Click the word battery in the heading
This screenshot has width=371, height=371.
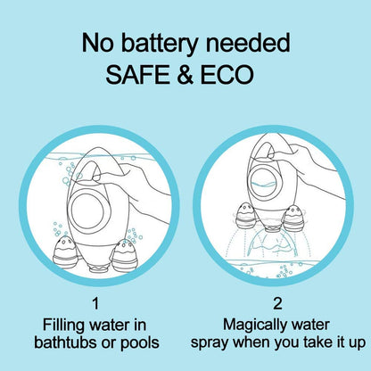coord(159,44)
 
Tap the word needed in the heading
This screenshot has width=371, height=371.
coord(248,43)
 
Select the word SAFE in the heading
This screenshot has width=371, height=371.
coord(137,74)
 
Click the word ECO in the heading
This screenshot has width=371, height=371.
coord(227,74)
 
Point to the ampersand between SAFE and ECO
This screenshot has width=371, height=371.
coord(185,74)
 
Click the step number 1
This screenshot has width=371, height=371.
coord(95,303)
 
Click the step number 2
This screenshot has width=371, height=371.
coord(277,303)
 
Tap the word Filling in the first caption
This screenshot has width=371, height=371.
coord(63,326)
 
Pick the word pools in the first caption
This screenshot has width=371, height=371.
coord(140,343)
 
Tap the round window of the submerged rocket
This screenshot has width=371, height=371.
coord(87,210)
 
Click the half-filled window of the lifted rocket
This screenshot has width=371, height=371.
coord(265,183)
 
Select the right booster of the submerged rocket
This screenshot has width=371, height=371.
coord(125,254)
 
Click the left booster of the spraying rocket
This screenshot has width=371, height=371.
coord(246,216)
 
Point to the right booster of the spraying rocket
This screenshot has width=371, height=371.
coord(293,218)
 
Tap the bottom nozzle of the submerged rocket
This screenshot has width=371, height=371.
coord(100,268)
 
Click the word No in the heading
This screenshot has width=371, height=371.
coord(97,43)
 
